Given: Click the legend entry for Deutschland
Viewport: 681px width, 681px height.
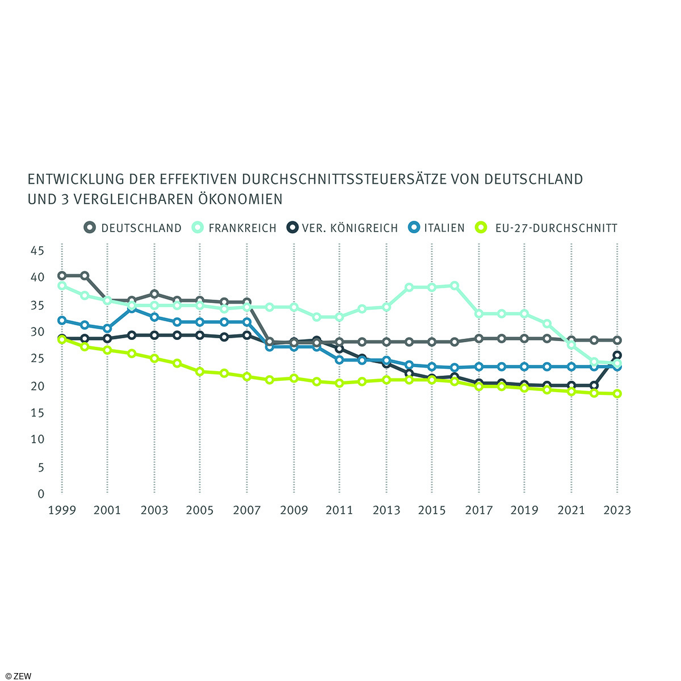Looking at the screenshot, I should coord(133,228).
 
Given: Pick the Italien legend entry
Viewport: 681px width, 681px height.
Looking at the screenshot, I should coord(437,228).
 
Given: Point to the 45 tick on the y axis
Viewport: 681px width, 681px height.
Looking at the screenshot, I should coord(37,250).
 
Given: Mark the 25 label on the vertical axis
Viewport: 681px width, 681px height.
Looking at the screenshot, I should coord(37,358).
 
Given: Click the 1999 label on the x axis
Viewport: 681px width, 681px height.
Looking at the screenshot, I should coord(61,510).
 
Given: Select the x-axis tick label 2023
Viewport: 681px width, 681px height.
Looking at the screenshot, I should coord(617,510).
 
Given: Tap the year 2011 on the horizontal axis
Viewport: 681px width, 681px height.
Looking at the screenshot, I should coord(339,510).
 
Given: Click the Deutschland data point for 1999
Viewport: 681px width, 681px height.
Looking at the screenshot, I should coord(61,276).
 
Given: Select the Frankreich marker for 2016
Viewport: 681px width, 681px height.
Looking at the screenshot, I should coord(455,286).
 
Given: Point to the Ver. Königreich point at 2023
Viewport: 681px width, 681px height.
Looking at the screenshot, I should coord(617,356).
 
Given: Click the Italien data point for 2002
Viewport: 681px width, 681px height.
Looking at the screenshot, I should coord(131,309).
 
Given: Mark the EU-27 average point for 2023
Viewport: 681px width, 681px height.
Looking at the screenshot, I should coord(617,394).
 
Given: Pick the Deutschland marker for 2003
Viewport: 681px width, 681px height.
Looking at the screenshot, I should coord(154,294).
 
